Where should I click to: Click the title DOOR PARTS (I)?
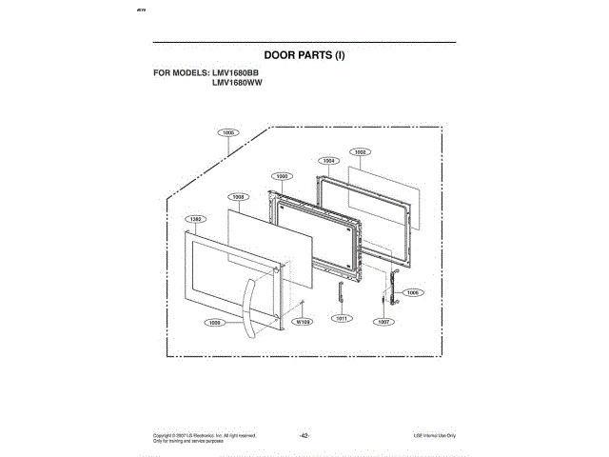click(x=304, y=55)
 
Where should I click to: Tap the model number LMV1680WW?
click(x=237, y=83)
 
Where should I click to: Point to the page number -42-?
click(x=304, y=434)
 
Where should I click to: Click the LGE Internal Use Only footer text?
click(x=434, y=434)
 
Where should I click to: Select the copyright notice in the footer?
click(x=204, y=436)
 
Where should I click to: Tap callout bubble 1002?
click(x=361, y=151)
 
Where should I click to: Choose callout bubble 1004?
click(x=329, y=161)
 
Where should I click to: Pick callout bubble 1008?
click(x=239, y=196)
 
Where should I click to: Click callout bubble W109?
click(x=304, y=323)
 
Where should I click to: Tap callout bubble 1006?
click(x=412, y=292)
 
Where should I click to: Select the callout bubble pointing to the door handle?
click(x=215, y=323)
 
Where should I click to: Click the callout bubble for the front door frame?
click(x=195, y=219)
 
